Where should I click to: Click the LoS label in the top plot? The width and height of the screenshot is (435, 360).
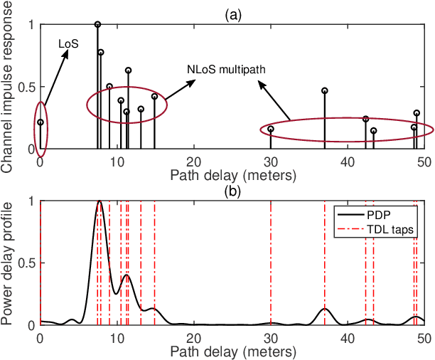[68, 43]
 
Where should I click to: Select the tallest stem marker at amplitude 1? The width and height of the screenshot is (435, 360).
[97, 24]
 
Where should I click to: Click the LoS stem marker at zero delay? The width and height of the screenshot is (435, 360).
[41, 122]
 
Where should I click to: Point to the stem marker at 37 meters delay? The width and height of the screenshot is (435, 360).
[325, 90]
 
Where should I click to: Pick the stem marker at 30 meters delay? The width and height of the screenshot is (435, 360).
[271, 129]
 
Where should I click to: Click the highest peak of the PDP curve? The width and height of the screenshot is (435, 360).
[100, 201]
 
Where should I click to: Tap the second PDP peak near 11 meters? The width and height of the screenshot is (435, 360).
[127, 275]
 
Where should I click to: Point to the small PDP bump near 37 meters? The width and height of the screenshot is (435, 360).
[325, 309]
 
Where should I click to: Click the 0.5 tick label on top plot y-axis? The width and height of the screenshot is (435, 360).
[27, 88]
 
